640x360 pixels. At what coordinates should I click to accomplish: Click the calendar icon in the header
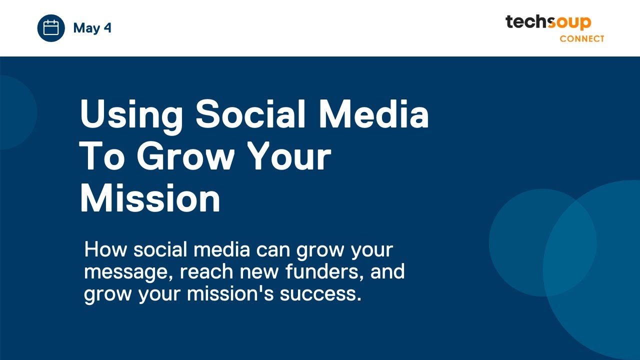coord(51,28)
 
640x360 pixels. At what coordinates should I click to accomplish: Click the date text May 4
coord(92,28)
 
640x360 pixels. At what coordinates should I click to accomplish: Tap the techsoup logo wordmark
coord(548,22)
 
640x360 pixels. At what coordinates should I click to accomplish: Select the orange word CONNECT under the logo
coord(581,38)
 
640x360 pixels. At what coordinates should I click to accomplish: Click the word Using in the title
coord(131,114)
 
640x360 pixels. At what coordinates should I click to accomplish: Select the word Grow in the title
coord(185,156)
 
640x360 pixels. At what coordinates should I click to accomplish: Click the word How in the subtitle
coord(104,249)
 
